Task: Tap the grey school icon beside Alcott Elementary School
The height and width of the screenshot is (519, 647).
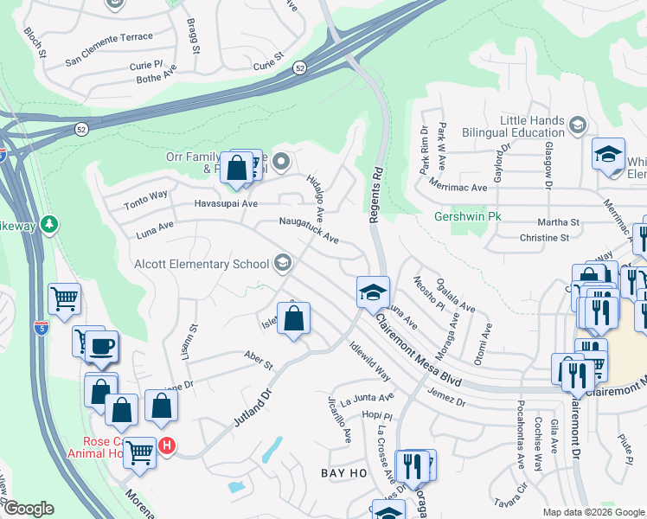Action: click(x=282, y=263)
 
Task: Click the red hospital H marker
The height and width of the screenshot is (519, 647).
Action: click(x=168, y=446)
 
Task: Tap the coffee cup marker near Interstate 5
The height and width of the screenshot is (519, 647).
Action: click(x=101, y=348)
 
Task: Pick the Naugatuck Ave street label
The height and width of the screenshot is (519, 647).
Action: click(x=308, y=229)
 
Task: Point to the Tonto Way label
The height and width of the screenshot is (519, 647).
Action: click(x=145, y=197)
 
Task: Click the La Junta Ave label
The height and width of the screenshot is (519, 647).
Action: click(x=366, y=399)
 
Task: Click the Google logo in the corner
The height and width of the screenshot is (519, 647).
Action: click(x=28, y=509)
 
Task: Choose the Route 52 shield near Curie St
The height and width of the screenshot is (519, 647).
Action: click(x=298, y=67)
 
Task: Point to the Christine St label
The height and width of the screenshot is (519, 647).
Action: click(x=544, y=237)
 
